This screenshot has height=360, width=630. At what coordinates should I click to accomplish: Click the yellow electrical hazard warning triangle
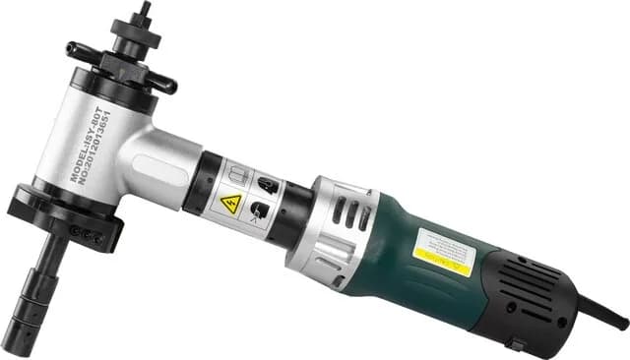tap(231, 204)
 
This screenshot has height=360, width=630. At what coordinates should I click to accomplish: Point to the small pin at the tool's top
tap(144, 11)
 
